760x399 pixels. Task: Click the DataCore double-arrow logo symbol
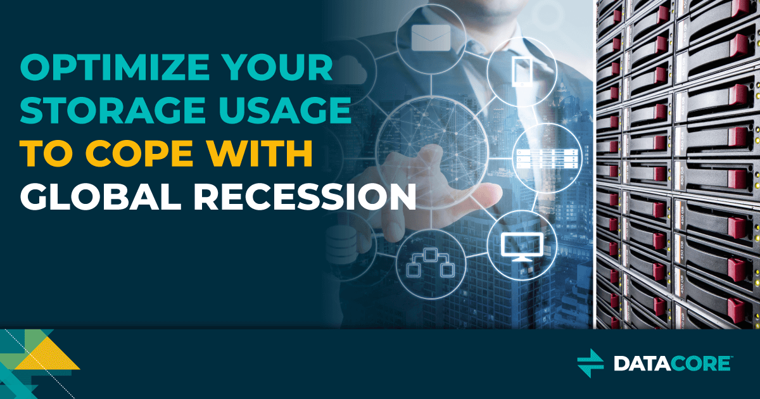tap(591, 363)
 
